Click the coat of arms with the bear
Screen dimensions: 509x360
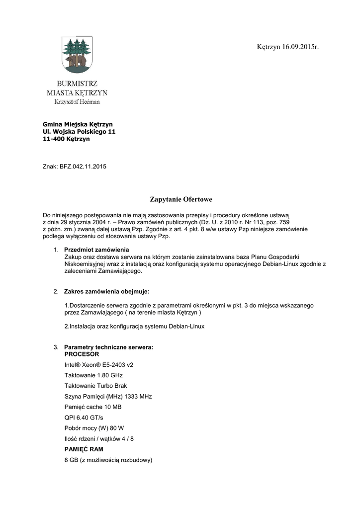coord(76,54)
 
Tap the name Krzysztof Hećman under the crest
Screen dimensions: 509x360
coord(77,102)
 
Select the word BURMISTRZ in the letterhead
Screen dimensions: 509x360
coord(77,83)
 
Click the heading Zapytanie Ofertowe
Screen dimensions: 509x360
coord(180,200)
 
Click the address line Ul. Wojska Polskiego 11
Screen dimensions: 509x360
coord(79,132)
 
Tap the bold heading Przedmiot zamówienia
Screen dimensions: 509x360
coord(97,249)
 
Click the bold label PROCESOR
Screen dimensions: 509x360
coord(82,354)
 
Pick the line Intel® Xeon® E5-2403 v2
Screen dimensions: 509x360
coord(98,365)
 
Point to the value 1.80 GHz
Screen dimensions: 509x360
coord(109,375)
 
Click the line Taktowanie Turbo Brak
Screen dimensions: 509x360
coord(92,386)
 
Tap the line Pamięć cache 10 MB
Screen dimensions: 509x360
coord(93,407)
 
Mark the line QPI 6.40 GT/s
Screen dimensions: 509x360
coord(84,418)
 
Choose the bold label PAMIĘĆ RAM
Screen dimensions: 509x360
coord(84,449)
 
